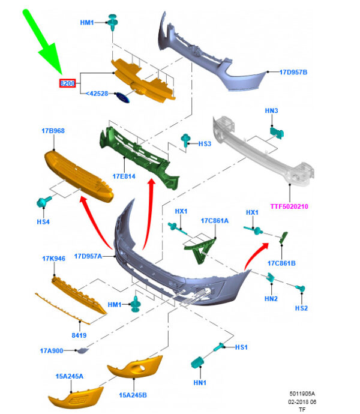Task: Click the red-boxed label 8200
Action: coord(67,83)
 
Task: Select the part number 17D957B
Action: coord(293,73)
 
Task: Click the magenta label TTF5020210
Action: coord(289,206)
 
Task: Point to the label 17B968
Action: coord(53,130)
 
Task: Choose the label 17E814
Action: coord(124,176)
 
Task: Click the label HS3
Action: coord(205,144)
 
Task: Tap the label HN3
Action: coord(271,111)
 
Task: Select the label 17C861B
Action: coord(281,263)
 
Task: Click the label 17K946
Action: coord(53,259)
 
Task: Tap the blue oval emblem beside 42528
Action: coord(122,98)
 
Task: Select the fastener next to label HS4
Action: coord(44,202)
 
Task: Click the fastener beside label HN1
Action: coord(197,362)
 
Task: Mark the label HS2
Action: coord(301,308)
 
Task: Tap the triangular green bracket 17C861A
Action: coord(199,248)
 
